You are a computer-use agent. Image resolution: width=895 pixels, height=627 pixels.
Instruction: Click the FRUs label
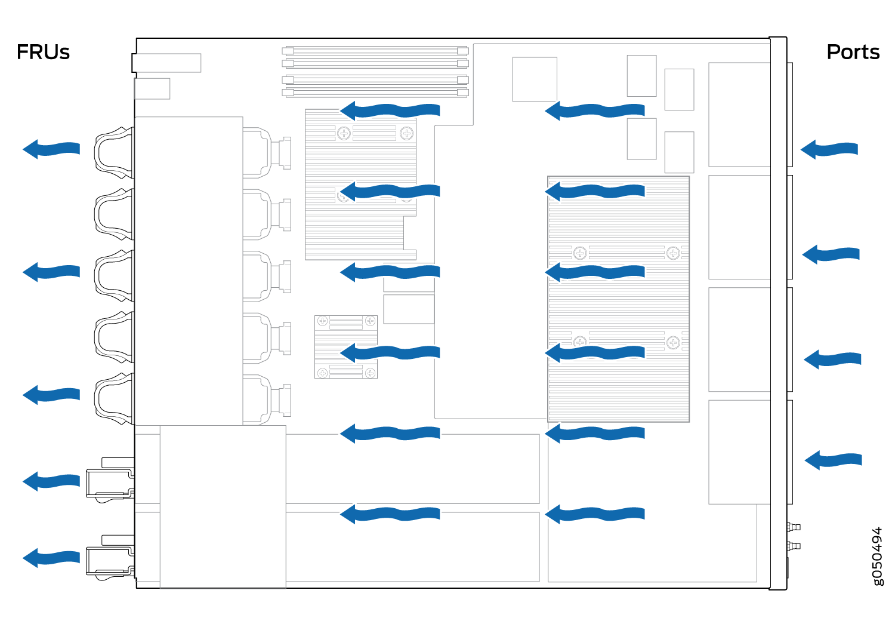[43, 52]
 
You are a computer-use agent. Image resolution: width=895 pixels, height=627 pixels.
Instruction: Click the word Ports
[853, 52]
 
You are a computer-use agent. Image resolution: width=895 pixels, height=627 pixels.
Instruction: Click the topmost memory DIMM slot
[375, 51]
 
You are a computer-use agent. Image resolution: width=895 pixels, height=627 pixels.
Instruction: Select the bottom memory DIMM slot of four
[375, 93]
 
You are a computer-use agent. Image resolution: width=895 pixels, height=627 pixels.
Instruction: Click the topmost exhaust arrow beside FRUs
[51, 149]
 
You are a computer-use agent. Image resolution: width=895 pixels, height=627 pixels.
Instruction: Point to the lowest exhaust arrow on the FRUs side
[51, 557]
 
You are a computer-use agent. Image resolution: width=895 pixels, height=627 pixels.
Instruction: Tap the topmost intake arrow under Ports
[829, 149]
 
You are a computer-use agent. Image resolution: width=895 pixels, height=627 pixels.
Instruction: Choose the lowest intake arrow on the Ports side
[833, 460]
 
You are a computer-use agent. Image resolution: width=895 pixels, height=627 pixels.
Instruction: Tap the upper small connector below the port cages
[794, 527]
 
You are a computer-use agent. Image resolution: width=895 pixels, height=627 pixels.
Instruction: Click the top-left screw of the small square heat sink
[322, 321]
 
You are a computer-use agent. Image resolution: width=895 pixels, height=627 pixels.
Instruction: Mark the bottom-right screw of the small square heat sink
[371, 373]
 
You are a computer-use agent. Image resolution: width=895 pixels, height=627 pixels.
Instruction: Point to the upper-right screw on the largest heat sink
[673, 253]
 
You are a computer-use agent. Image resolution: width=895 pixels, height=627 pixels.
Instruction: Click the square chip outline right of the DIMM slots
[535, 79]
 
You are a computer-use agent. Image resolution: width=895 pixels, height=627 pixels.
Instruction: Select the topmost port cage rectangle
[740, 115]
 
